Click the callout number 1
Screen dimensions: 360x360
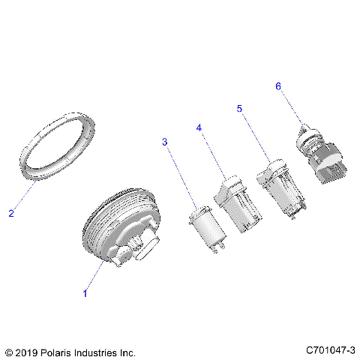coord(85,293)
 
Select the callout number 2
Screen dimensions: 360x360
coord(10,214)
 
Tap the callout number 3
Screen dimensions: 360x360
coord(165,142)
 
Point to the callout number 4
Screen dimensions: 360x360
coord(199,128)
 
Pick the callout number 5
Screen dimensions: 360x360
coord(239,109)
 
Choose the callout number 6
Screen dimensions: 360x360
coord(277,86)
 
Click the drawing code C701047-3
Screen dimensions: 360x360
coord(330,350)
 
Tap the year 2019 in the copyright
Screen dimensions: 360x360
coord(27,351)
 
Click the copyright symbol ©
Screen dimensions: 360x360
coord(8,351)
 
